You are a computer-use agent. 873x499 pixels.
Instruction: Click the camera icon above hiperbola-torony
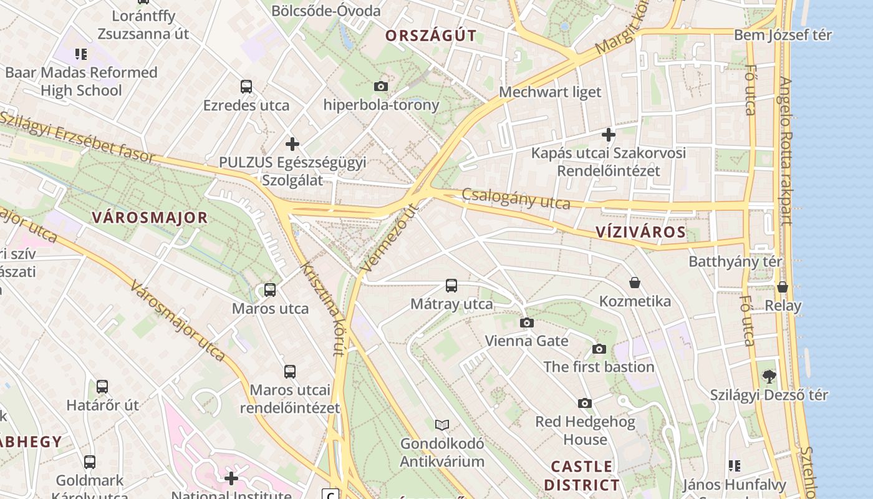pyautogui.click(x=381, y=86)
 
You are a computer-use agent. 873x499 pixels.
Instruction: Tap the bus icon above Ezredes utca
pyautogui.click(x=246, y=87)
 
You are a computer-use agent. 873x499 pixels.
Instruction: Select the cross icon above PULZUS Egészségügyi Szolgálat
pyautogui.click(x=292, y=144)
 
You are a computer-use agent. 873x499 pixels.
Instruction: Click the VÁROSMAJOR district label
pyautogui.click(x=150, y=218)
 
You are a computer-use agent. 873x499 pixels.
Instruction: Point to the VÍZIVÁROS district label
pyautogui.click(x=640, y=233)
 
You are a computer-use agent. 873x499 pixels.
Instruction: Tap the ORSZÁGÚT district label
pyautogui.click(x=431, y=36)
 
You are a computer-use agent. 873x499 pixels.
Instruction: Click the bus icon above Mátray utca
pyautogui.click(x=451, y=286)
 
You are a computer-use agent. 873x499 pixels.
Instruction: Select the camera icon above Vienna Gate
pyautogui.click(x=527, y=322)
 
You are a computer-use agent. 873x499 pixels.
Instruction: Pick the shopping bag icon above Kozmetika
pyautogui.click(x=635, y=283)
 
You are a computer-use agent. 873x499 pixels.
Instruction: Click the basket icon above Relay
pyautogui.click(x=783, y=287)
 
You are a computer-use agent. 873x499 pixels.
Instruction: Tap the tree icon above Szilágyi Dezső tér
pyautogui.click(x=769, y=376)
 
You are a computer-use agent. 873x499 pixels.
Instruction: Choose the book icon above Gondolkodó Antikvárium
pyautogui.click(x=442, y=425)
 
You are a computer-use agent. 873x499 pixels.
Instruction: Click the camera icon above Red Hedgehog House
pyautogui.click(x=585, y=403)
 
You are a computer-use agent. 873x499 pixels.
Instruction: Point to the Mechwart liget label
pyautogui.click(x=550, y=92)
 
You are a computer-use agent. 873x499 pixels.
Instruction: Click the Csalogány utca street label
pyautogui.click(x=516, y=199)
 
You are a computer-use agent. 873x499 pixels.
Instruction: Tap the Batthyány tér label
pyautogui.click(x=735, y=261)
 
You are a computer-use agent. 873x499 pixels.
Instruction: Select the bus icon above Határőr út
pyautogui.click(x=102, y=386)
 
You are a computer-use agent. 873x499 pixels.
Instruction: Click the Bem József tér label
pyautogui.click(x=783, y=35)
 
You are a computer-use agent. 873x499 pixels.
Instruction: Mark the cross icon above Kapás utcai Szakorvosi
pyautogui.click(x=608, y=134)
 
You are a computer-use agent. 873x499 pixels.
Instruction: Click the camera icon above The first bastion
pyautogui.click(x=599, y=349)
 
